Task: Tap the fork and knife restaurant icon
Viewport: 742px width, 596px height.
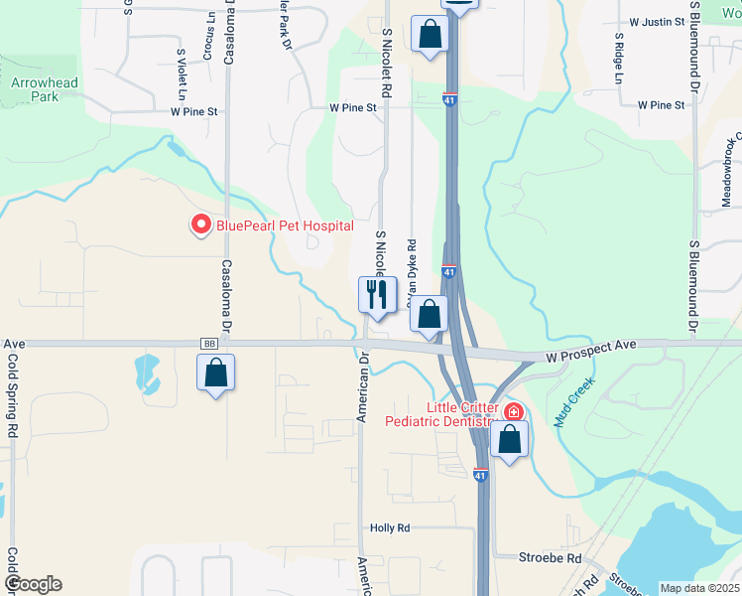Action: click(377, 294)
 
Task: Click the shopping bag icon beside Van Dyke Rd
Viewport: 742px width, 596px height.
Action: click(429, 315)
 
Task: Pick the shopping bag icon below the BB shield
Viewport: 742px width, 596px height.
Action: click(216, 373)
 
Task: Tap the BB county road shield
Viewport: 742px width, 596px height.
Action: click(208, 344)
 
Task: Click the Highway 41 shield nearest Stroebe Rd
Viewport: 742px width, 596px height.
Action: click(481, 477)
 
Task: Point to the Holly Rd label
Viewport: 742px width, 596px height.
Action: click(390, 528)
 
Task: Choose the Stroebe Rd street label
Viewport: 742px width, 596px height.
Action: click(550, 558)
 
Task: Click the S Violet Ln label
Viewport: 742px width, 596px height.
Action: click(182, 74)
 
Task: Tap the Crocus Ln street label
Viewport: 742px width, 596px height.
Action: click(207, 38)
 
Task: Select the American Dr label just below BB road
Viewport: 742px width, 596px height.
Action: click(364, 386)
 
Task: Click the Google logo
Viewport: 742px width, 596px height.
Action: click(33, 584)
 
